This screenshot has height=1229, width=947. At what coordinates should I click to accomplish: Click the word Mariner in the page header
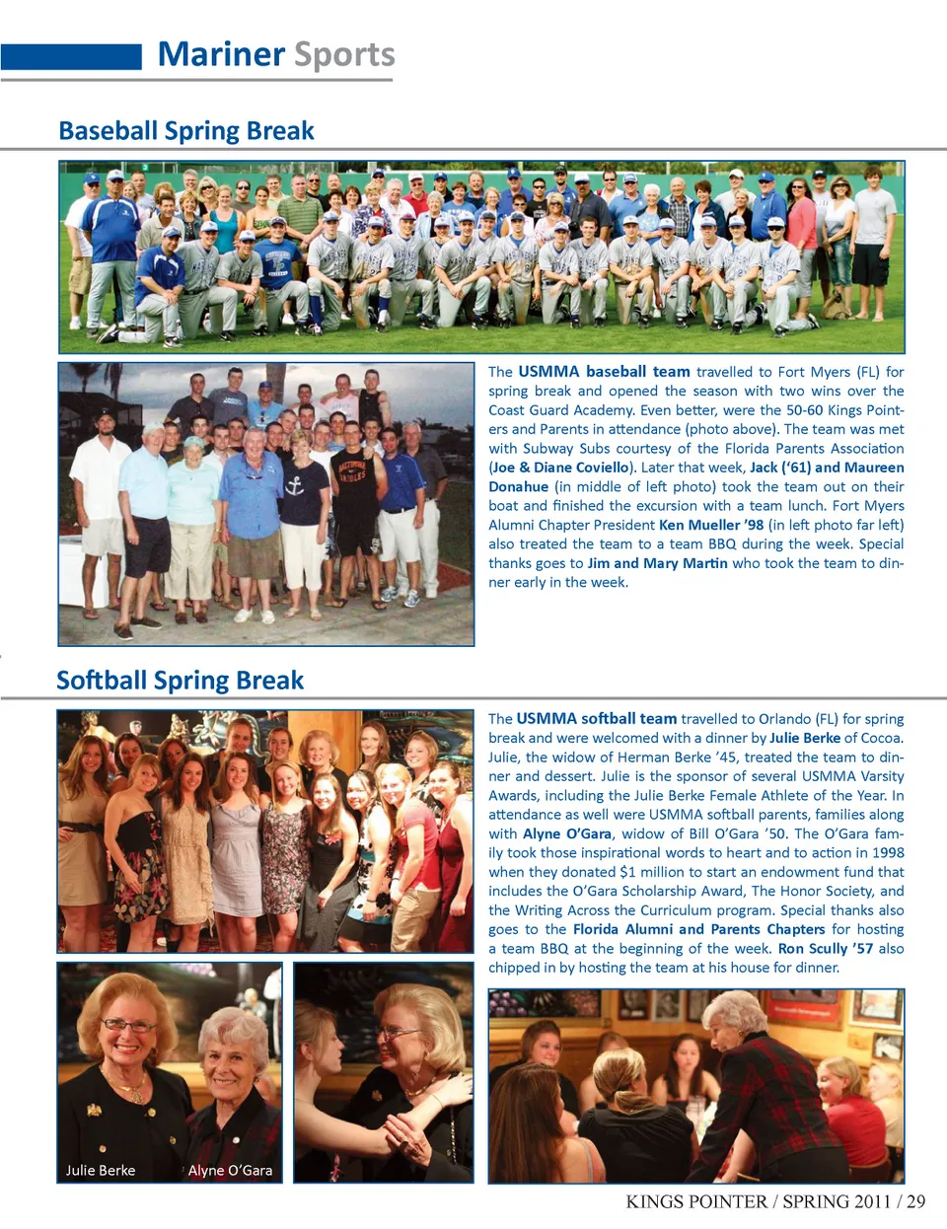[x=221, y=54]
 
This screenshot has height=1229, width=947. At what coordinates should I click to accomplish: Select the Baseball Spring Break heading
[x=186, y=131]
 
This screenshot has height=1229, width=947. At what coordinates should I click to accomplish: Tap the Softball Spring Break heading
[x=181, y=681]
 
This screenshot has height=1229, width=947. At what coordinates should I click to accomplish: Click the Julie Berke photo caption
[x=101, y=1170]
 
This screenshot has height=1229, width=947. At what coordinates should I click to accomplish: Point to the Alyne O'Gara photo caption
[x=230, y=1170]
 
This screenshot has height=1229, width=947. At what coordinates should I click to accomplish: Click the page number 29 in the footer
[x=915, y=1201]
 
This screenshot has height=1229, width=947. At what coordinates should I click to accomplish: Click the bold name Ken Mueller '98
[x=711, y=525]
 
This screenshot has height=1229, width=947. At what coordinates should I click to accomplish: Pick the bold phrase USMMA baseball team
[x=604, y=372]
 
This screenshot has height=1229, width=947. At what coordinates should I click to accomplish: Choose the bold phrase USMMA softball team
[x=597, y=719]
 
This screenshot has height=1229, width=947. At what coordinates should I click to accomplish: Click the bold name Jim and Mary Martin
[x=658, y=563]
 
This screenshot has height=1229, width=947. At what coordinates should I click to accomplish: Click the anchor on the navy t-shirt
[x=294, y=485]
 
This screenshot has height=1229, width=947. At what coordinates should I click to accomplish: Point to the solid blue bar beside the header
[x=71, y=56]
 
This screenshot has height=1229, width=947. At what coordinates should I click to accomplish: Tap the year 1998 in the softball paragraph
[x=887, y=852]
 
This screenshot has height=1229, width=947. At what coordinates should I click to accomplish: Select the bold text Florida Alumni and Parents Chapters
[x=698, y=929]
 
